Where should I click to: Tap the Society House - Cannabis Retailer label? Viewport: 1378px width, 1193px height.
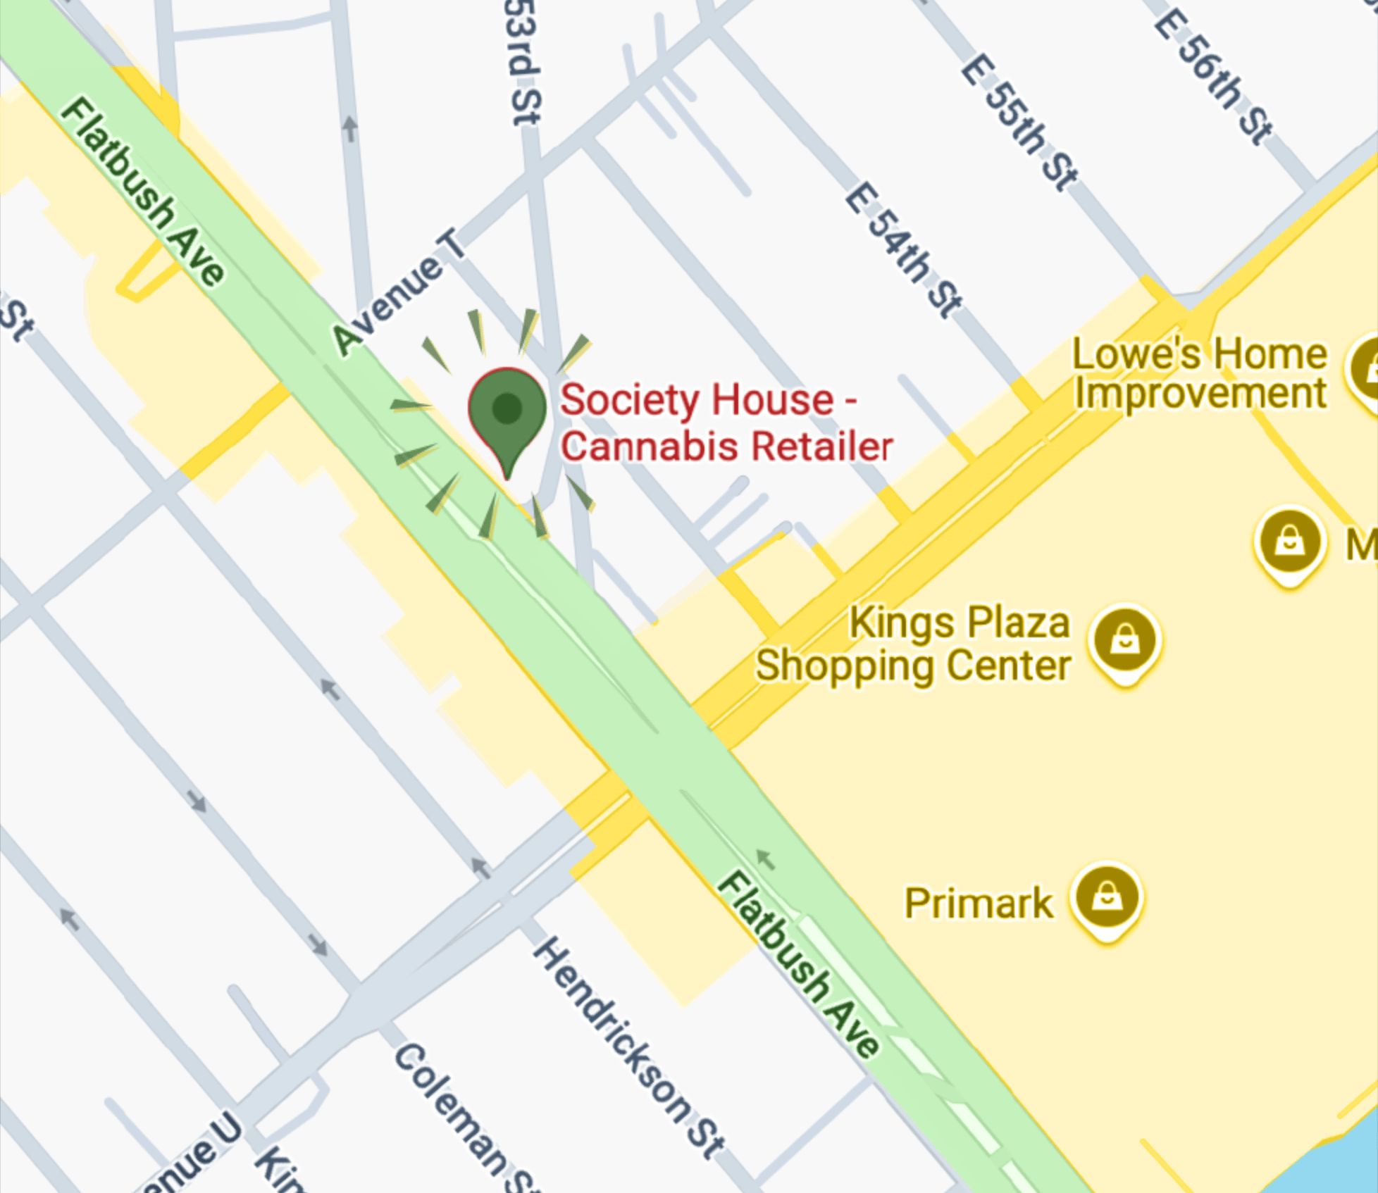pyautogui.click(x=726, y=423)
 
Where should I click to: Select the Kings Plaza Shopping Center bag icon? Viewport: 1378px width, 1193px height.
pyautogui.click(x=1124, y=641)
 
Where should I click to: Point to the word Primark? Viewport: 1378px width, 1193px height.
pyautogui.click(x=979, y=903)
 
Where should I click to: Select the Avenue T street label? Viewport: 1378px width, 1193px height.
pyautogui.click(x=399, y=293)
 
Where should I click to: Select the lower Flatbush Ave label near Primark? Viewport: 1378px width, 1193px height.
pyautogui.click(x=799, y=965)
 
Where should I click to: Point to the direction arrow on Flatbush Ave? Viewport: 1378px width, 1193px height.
pyautogui.click(x=765, y=858)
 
